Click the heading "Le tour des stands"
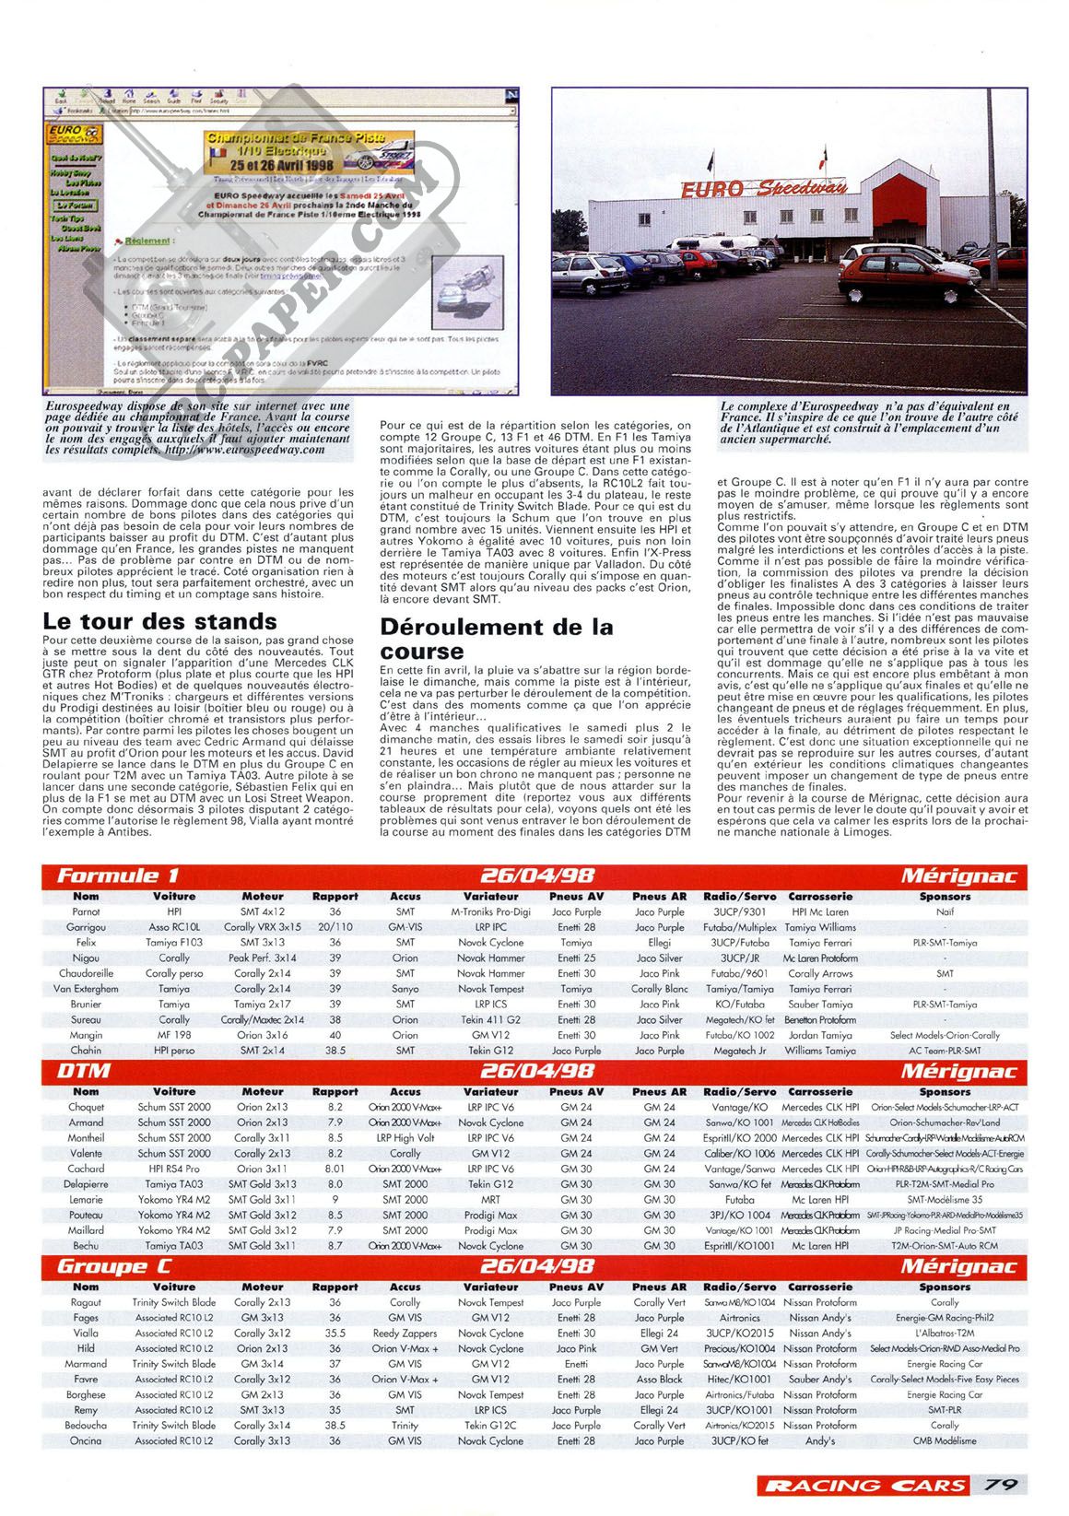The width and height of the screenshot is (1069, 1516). [159, 622]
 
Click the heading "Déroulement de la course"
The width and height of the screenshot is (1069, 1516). [497, 639]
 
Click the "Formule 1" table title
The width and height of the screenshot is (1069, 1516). [118, 876]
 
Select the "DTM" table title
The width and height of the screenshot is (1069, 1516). [84, 1071]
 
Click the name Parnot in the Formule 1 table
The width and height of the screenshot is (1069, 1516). [86, 911]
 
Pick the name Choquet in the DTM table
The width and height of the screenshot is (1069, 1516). [87, 1107]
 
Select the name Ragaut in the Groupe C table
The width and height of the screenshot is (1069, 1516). [86, 1302]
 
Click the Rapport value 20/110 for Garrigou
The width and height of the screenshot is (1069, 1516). [335, 927]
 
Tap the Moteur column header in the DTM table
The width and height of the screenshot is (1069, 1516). [263, 1091]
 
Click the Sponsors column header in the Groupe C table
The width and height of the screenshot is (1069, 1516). [944, 1287]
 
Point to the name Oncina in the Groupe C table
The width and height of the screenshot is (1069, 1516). [86, 1440]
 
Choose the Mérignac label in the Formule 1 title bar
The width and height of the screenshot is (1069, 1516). [958, 876]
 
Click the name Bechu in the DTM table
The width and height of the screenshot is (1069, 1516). [86, 1245]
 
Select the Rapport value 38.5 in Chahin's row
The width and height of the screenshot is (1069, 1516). [335, 1050]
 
